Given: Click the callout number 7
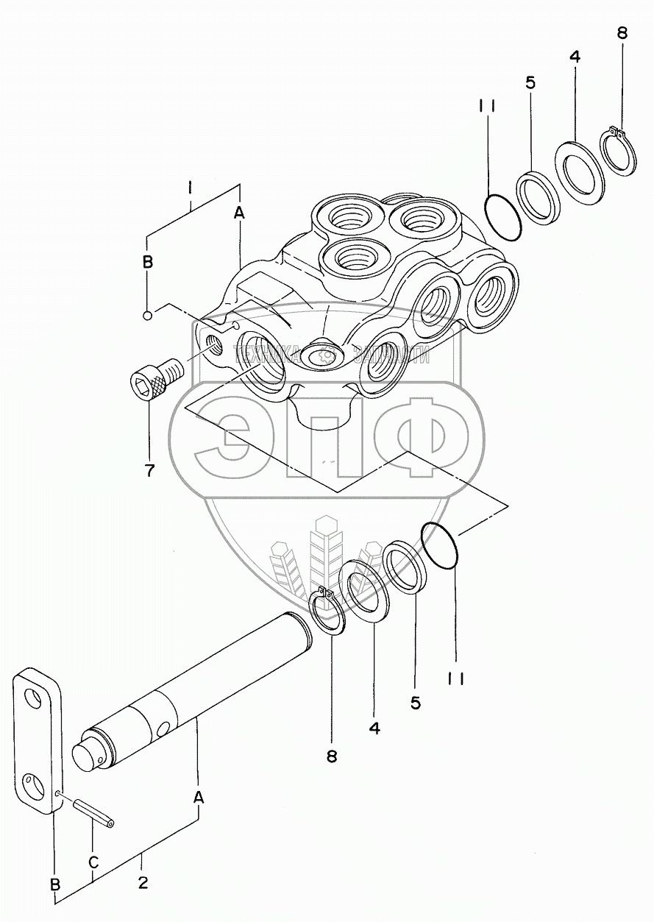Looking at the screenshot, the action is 149,470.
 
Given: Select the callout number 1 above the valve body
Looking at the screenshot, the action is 190,189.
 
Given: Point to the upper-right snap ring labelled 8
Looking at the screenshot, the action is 620,152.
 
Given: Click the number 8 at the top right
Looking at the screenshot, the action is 622,33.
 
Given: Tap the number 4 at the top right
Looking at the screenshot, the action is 575,57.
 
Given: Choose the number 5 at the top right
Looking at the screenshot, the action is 530,82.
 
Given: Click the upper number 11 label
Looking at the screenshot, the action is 488,106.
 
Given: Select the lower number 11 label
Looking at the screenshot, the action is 455,678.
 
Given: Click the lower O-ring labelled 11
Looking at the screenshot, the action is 441,546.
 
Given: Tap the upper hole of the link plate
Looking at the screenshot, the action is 33,698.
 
